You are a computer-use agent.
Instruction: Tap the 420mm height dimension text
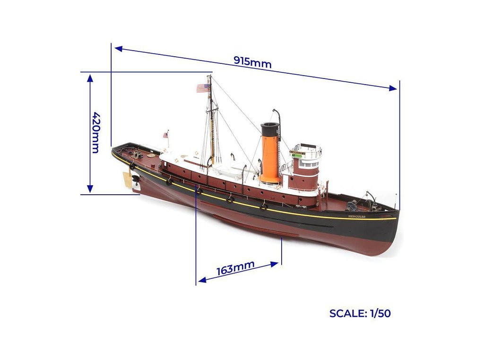click(x=95, y=132)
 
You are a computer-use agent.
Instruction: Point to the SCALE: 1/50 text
click(x=360, y=313)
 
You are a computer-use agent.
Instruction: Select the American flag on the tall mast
click(x=202, y=88)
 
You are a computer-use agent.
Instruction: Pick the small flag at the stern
click(x=165, y=135)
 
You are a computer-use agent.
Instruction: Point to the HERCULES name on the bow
click(x=357, y=216)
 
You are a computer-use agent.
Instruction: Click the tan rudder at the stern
click(x=128, y=180)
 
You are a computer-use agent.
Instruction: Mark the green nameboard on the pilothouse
click(x=297, y=155)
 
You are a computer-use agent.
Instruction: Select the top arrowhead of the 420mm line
click(x=90, y=77)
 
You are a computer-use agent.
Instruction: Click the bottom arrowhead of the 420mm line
click(x=90, y=190)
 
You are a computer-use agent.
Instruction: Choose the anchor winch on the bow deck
click(x=352, y=206)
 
